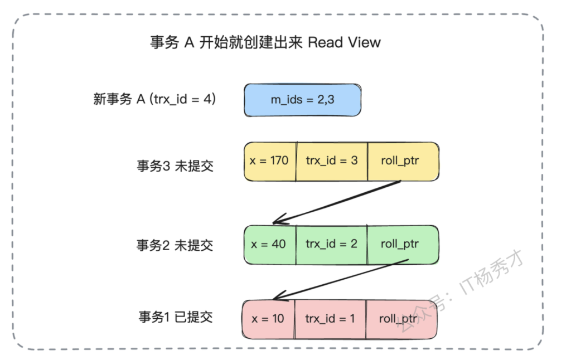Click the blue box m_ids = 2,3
pyautogui.click(x=302, y=100)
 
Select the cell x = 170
pyautogui.click(x=269, y=161)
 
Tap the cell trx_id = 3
pyautogui.click(x=331, y=161)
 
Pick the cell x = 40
pyautogui.click(x=269, y=244)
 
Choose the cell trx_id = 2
pyautogui.click(x=331, y=244)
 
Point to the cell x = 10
pyautogui.click(x=268, y=319)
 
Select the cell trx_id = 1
pyautogui.click(x=330, y=319)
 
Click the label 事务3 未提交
pyautogui.click(x=175, y=166)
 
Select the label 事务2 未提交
pyautogui.click(x=175, y=245)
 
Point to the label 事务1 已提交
pyautogui.click(x=175, y=317)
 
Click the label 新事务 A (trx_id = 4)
pyautogui.click(x=154, y=100)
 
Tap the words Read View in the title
pyautogui.click(x=344, y=42)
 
